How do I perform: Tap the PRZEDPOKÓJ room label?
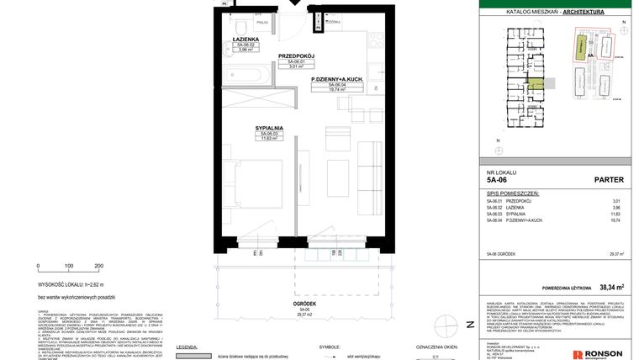(296, 56)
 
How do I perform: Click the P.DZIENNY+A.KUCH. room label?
(336, 79)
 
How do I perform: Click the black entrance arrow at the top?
(294, 4)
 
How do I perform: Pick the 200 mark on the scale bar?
(98, 266)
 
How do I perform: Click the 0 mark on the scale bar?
(39, 266)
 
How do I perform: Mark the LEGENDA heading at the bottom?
(187, 347)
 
